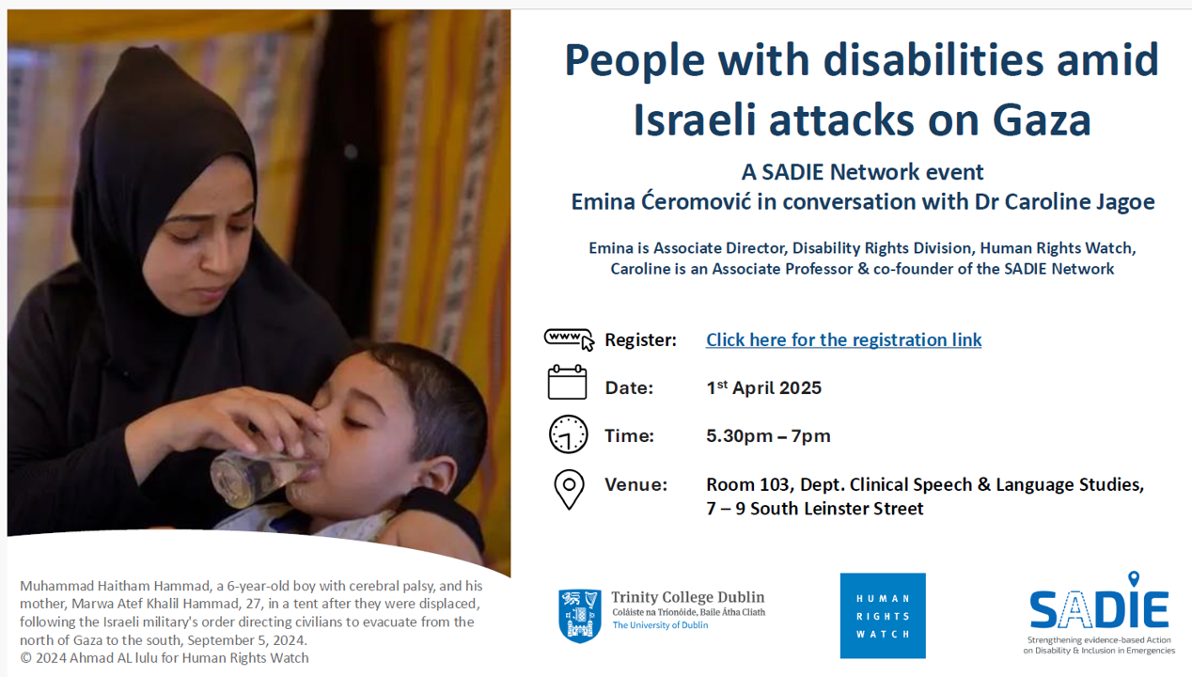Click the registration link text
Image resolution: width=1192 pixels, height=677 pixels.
click(843, 339)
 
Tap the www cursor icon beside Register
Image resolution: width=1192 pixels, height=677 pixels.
click(569, 339)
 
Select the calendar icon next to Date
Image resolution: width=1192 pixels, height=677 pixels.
click(567, 382)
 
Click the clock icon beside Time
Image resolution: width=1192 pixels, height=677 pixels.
click(569, 434)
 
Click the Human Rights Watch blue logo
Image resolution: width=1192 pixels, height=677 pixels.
click(883, 616)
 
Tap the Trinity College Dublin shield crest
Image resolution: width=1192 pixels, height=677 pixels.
click(580, 616)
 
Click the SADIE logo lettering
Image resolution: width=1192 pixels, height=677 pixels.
click(1099, 610)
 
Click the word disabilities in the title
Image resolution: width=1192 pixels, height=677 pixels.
click(933, 60)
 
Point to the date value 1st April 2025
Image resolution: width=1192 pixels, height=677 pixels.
click(763, 387)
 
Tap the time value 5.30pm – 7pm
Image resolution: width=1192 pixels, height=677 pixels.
click(768, 436)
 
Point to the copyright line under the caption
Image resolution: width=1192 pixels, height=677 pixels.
click(164, 658)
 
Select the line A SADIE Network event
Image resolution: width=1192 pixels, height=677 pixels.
click(862, 172)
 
